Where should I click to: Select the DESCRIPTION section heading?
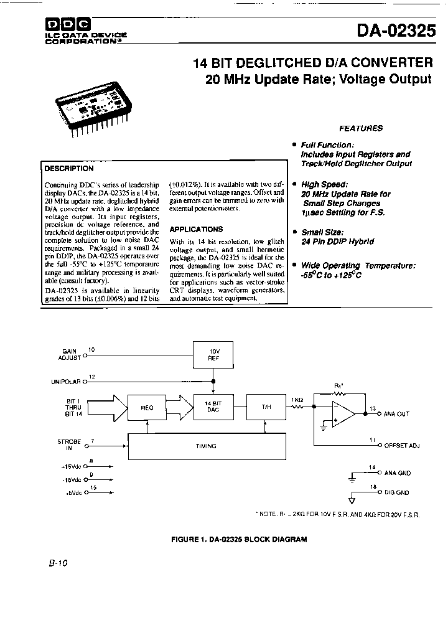69,168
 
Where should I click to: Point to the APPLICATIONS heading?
196,229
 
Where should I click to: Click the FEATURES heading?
360,128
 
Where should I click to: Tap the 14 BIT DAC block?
213,407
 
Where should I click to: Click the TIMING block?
205,446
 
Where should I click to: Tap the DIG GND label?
397,492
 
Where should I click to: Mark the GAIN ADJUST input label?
70,355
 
